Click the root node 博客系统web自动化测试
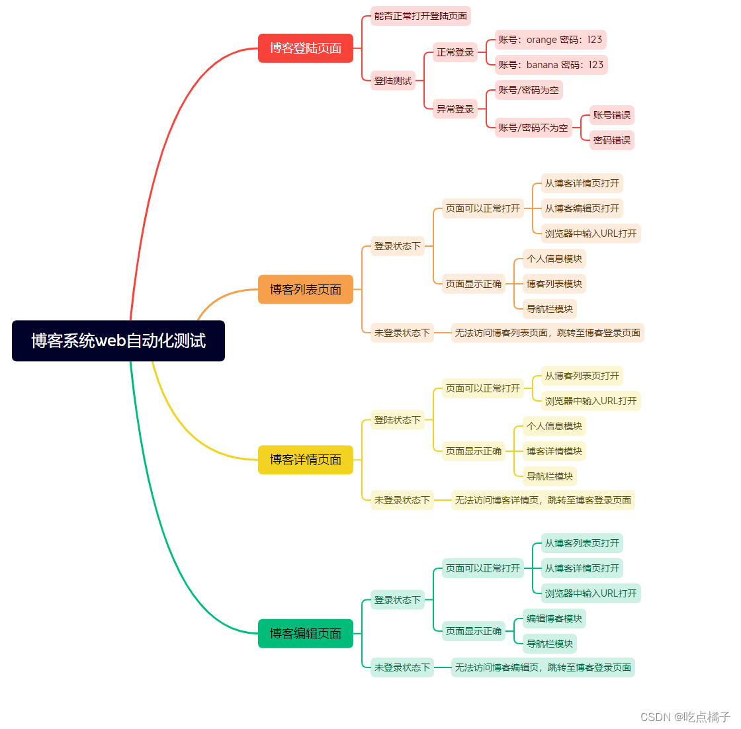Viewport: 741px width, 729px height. point(118,341)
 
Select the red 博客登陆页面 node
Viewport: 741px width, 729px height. point(305,48)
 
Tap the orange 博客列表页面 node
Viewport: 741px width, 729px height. point(305,290)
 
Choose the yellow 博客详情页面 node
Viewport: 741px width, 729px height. point(305,460)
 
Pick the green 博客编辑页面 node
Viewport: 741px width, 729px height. point(305,634)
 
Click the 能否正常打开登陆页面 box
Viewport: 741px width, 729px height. point(421,16)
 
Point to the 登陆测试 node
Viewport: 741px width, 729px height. point(393,81)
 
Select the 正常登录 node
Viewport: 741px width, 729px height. point(455,52)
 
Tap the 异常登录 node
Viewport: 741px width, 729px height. point(455,109)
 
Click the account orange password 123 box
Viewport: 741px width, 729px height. point(550,40)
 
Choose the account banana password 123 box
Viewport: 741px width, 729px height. point(551,65)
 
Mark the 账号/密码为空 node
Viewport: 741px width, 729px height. point(529,90)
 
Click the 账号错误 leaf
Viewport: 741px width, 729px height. point(612,115)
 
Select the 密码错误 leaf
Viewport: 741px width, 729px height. point(612,140)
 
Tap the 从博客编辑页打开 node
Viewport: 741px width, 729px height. point(582,208)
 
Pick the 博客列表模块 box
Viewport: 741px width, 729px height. point(554,284)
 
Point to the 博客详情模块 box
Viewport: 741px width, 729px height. point(554,451)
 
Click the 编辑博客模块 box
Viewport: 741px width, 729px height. point(554,619)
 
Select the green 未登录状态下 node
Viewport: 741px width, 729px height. point(402,667)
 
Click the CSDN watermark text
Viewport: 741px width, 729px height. point(685,717)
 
